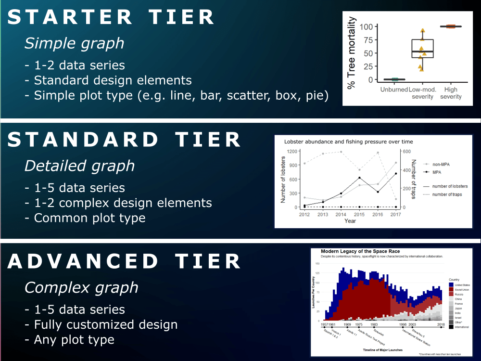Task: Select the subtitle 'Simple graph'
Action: tap(74, 43)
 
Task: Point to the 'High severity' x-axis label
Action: tap(451, 93)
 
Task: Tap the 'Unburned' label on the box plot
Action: tap(394, 90)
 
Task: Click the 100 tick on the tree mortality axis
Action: tap(367, 26)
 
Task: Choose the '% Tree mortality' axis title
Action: tap(352, 53)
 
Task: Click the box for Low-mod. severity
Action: tap(422, 49)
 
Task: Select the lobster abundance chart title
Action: tap(348, 142)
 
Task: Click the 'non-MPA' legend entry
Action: tap(441, 163)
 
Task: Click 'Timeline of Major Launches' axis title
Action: tap(383, 350)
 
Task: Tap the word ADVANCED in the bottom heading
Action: tap(83, 261)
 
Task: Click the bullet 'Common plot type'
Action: tap(89, 218)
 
